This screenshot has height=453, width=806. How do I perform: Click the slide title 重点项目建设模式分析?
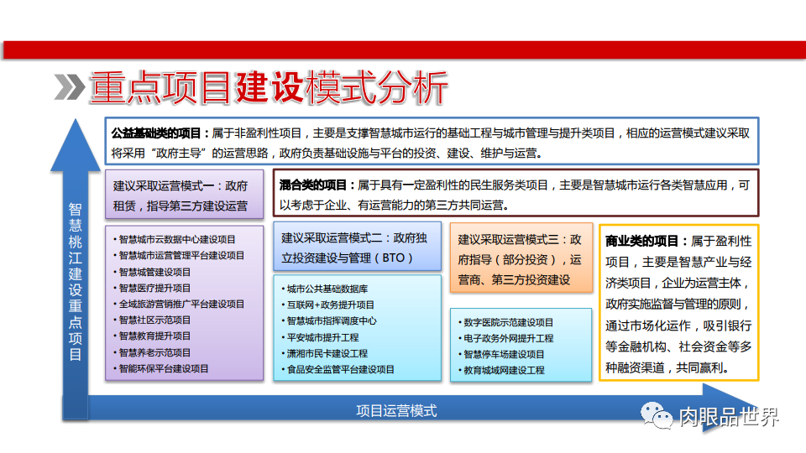pyautogui.click(x=267, y=88)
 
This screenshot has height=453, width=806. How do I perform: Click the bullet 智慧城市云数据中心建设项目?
pyautogui.click(x=177, y=239)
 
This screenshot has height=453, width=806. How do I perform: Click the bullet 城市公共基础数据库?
pyautogui.click(x=327, y=289)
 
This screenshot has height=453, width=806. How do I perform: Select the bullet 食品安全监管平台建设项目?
pyautogui.click(x=340, y=369)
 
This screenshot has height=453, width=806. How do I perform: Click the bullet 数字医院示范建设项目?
pyautogui.click(x=507, y=322)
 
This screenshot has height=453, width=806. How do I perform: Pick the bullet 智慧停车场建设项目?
pyautogui.click(x=503, y=354)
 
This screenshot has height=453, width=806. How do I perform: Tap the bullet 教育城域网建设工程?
pyautogui.click(x=503, y=370)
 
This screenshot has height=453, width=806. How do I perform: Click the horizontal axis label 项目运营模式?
pyautogui.click(x=396, y=410)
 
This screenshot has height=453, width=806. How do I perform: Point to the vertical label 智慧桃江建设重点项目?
pyautogui.click(x=76, y=281)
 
